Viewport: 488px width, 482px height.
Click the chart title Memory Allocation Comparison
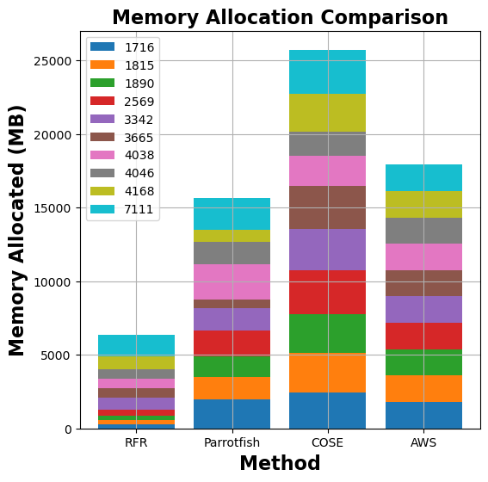pos(280,17)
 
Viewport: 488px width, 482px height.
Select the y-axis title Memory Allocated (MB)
pos(17,230)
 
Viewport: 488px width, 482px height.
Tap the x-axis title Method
pos(280,463)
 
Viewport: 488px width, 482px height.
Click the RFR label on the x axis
pos(136,442)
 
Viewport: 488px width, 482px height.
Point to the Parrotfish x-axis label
pos(232,442)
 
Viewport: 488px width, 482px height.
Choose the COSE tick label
pos(327,442)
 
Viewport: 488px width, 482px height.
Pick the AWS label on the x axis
pos(423,442)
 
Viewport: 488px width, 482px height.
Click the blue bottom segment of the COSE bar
pos(327,411)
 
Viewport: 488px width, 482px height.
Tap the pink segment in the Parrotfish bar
pos(232,281)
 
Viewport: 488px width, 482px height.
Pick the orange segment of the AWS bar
pos(423,388)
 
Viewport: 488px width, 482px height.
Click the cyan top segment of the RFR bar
pos(136,344)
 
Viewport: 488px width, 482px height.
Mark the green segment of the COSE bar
pos(327,333)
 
